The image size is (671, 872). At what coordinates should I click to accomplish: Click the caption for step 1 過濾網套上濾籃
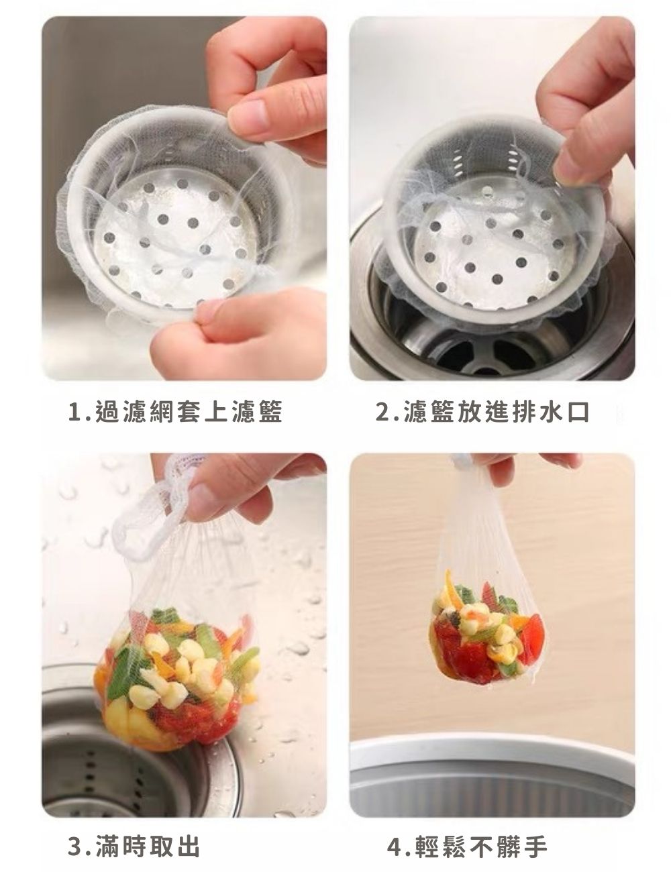click(x=176, y=412)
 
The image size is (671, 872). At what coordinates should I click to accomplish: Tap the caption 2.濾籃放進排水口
click(x=482, y=412)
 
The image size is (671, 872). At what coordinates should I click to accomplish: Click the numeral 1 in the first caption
click(x=74, y=412)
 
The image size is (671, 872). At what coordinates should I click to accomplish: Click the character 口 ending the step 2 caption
click(x=578, y=412)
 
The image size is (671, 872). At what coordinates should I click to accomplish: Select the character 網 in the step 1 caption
click(x=163, y=412)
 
